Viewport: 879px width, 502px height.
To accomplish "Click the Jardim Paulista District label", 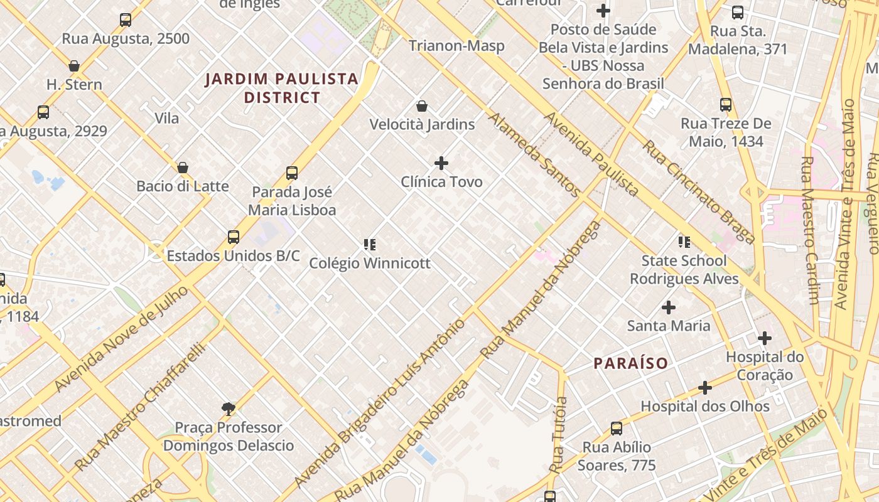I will [283, 88].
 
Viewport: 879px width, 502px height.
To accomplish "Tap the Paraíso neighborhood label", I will [631, 363].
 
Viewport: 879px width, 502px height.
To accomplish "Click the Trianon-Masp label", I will [456, 46].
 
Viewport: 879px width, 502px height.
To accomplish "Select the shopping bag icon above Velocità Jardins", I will [422, 106].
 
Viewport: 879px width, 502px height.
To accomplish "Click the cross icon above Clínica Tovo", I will [441, 163].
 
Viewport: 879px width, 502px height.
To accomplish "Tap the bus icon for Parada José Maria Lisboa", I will [292, 173].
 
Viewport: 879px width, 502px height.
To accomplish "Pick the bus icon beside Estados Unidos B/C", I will [234, 237].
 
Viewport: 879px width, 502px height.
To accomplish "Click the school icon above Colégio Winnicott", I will [370, 244].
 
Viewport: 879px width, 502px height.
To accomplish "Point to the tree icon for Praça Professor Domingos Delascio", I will [229, 409].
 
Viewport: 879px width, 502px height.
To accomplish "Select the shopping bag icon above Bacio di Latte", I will [183, 168].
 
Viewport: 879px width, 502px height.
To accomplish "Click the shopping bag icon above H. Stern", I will [74, 66].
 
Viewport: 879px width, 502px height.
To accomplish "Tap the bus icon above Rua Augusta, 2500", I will [126, 20].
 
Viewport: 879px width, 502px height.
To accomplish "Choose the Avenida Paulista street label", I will [591, 154].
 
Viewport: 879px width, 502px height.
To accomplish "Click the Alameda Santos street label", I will [534, 153].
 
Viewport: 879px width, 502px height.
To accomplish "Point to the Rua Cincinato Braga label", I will [698, 191].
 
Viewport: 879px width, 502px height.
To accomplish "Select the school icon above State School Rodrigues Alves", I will [684, 242].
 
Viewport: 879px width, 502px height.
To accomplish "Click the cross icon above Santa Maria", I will [669, 307].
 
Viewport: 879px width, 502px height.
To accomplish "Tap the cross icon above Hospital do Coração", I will [764, 339].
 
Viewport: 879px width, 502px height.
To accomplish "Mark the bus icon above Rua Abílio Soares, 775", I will [617, 429].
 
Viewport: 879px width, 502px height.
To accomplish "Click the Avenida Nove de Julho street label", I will [121, 339].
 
